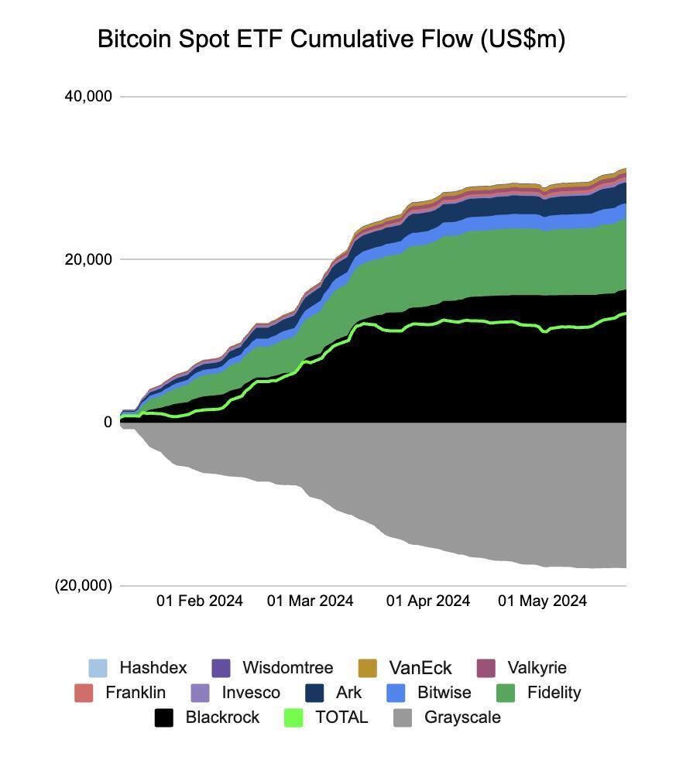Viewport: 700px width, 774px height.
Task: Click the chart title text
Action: tap(331, 39)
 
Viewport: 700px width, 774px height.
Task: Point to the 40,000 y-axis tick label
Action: tap(88, 97)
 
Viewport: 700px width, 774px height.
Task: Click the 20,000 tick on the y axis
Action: tap(88, 259)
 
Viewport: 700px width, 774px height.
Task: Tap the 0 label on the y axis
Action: tap(108, 423)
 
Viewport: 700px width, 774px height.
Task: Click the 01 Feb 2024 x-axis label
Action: tap(200, 601)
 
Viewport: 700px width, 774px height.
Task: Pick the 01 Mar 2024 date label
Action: tap(310, 601)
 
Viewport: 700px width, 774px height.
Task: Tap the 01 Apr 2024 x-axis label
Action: tap(428, 601)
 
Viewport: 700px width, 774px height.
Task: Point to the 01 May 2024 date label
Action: tap(542, 601)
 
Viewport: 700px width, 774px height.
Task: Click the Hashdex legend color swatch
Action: tap(98, 668)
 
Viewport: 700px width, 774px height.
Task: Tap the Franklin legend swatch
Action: tap(84, 693)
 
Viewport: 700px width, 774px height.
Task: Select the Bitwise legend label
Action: tap(444, 693)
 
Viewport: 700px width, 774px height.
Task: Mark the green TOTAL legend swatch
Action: tap(293, 717)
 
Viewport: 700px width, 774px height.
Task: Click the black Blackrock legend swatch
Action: tap(163, 717)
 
